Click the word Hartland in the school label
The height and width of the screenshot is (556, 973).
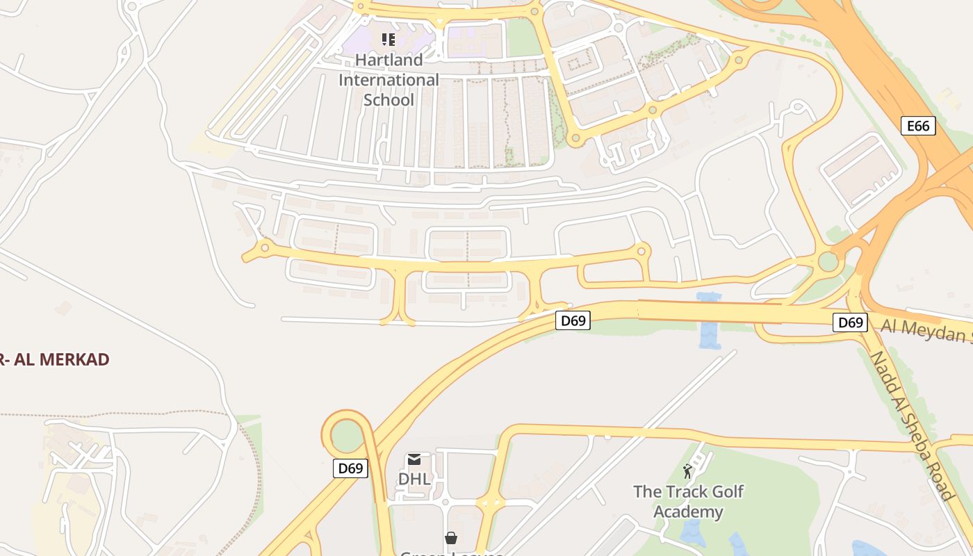pos(389,60)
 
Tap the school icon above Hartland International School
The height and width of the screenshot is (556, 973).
pos(389,40)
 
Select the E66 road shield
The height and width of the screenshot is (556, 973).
pos(918,126)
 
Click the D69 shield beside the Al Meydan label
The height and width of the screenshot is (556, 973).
pos(850,322)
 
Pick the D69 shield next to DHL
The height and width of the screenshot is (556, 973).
pos(350,468)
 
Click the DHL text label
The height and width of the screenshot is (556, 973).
pos(414,479)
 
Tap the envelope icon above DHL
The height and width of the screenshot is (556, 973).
pos(414,459)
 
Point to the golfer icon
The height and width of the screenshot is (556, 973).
pos(688,472)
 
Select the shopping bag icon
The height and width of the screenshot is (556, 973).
pos(451,538)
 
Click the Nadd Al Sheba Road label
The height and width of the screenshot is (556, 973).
pos(910,425)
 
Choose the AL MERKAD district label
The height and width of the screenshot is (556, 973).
pos(56,360)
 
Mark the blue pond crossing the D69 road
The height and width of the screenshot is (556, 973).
pos(709,320)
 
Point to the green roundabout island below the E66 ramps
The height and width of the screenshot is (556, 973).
pos(828,262)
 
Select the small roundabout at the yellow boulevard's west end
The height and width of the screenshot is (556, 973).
pos(264,247)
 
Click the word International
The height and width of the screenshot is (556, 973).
pos(389,80)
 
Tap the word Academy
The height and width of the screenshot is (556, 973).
pos(689,512)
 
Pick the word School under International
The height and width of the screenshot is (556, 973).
pos(389,100)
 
